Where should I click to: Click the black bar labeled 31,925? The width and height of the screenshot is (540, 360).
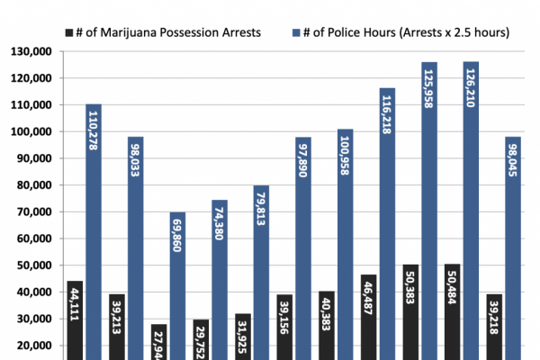(242, 337)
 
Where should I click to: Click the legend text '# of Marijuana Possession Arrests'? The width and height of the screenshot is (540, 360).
(169, 33)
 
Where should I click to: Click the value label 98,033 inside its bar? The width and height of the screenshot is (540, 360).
(135, 157)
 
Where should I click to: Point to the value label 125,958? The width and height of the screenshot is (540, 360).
(428, 94)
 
